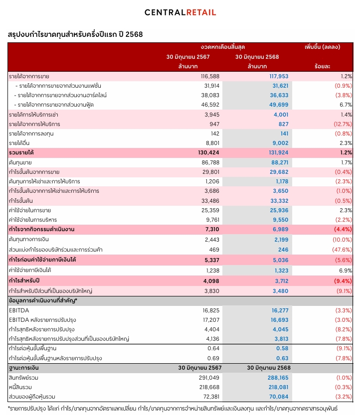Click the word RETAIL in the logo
pyautogui.click(x=201, y=12)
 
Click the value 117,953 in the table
pyautogui.click(x=279, y=76)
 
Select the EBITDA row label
pyautogui.click(x=19, y=310)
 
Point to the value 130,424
pyautogui.click(x=208, y=152)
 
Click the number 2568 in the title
pyautogui.click(x=134, y=34)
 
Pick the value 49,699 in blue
pyautogui.click(x=279, y=105)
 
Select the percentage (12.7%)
pyautogui.click(x=343, y=124)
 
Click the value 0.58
pyautogui.click(x=282, y=348)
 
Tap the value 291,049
pyautogui.click(x=209, y=378)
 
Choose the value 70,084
pyautogui.click(x=279, y=397)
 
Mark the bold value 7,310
pyautogui.click(x=212, y=229)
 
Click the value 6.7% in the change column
pyautogui.click(x=346, y=105)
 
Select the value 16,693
pyautogui.click(x=279, y=320)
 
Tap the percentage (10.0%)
pyautogui.click(x=342, y=240)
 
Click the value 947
pyautogui.click(x=214, y=124)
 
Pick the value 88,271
pyautogui.click(x=280, y=162)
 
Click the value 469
pyautogui.click(x=214, y=250)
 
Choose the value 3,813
pyautogui.click(x=281, y=339)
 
